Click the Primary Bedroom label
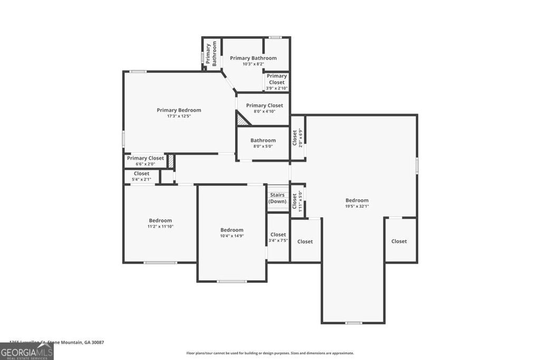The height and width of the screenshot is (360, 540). point(179,110)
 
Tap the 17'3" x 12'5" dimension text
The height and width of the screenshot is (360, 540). point(179,116)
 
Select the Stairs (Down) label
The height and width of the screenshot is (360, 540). point(277,198)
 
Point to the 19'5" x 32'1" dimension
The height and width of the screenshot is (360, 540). point(357,206)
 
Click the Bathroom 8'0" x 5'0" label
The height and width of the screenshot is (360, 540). point(263,141)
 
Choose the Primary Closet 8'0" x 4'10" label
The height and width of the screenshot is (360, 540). point(264,106)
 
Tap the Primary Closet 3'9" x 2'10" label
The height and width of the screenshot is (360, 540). point(276,79)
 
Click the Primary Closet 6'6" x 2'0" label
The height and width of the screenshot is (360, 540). point(145,158)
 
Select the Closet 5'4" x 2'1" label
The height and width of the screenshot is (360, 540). point(141,174)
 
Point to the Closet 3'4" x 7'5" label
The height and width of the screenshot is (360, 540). point(278,235)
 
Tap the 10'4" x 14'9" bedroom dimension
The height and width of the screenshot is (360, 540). point(232,236)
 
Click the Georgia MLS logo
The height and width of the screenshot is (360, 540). point(26,352)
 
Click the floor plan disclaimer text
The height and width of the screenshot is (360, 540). point(270,353)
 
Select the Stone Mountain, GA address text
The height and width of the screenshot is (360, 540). point(58,343)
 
